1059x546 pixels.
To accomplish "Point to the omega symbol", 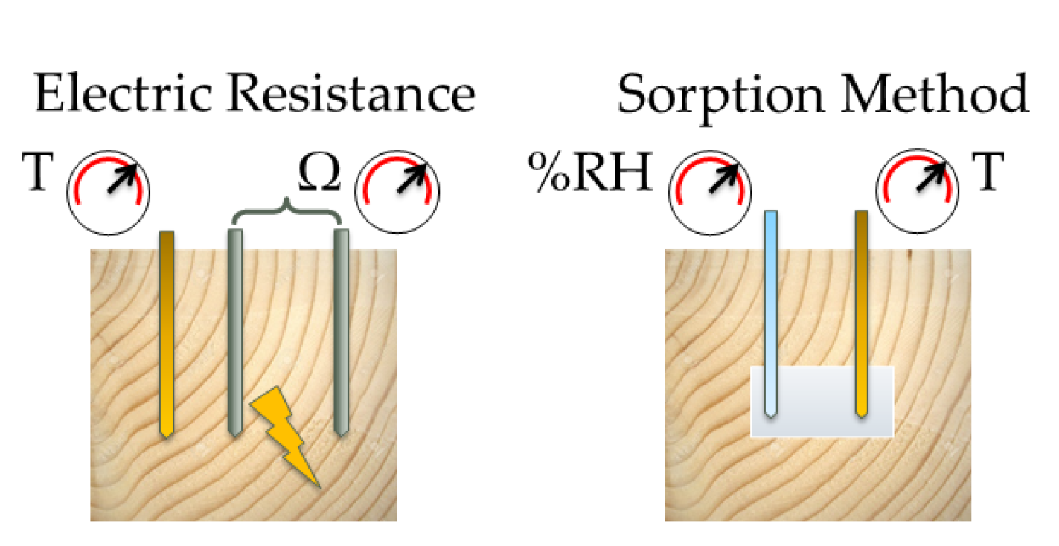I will (x=319, y=173).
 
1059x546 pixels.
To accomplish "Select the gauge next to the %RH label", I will (x=708, y=188).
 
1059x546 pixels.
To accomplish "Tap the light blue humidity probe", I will (x=771, y=312).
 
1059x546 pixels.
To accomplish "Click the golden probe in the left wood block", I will (x=167, y=335).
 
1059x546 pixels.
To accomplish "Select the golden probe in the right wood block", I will (x=862, y=312).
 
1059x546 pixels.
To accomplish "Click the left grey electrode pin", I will (x=235, y=335).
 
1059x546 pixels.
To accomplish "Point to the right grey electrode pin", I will (x=342, y=335).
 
